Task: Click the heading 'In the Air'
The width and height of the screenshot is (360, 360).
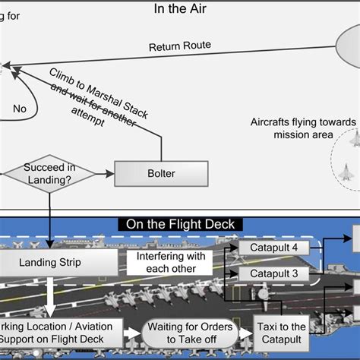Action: [x=180, y=9]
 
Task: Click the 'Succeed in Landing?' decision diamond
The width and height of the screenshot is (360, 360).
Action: [x=50, y=173]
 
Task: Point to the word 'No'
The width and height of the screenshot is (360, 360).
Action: [x=20, y=109]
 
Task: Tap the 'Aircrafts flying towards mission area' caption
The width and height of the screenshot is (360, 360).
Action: [x=302, y=128]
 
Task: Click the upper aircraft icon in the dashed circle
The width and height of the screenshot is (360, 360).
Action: [x=354, y=137]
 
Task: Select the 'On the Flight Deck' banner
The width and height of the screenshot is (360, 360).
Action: [x=180, y=224]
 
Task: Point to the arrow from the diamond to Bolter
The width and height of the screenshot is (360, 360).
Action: [x=105, y=174]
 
